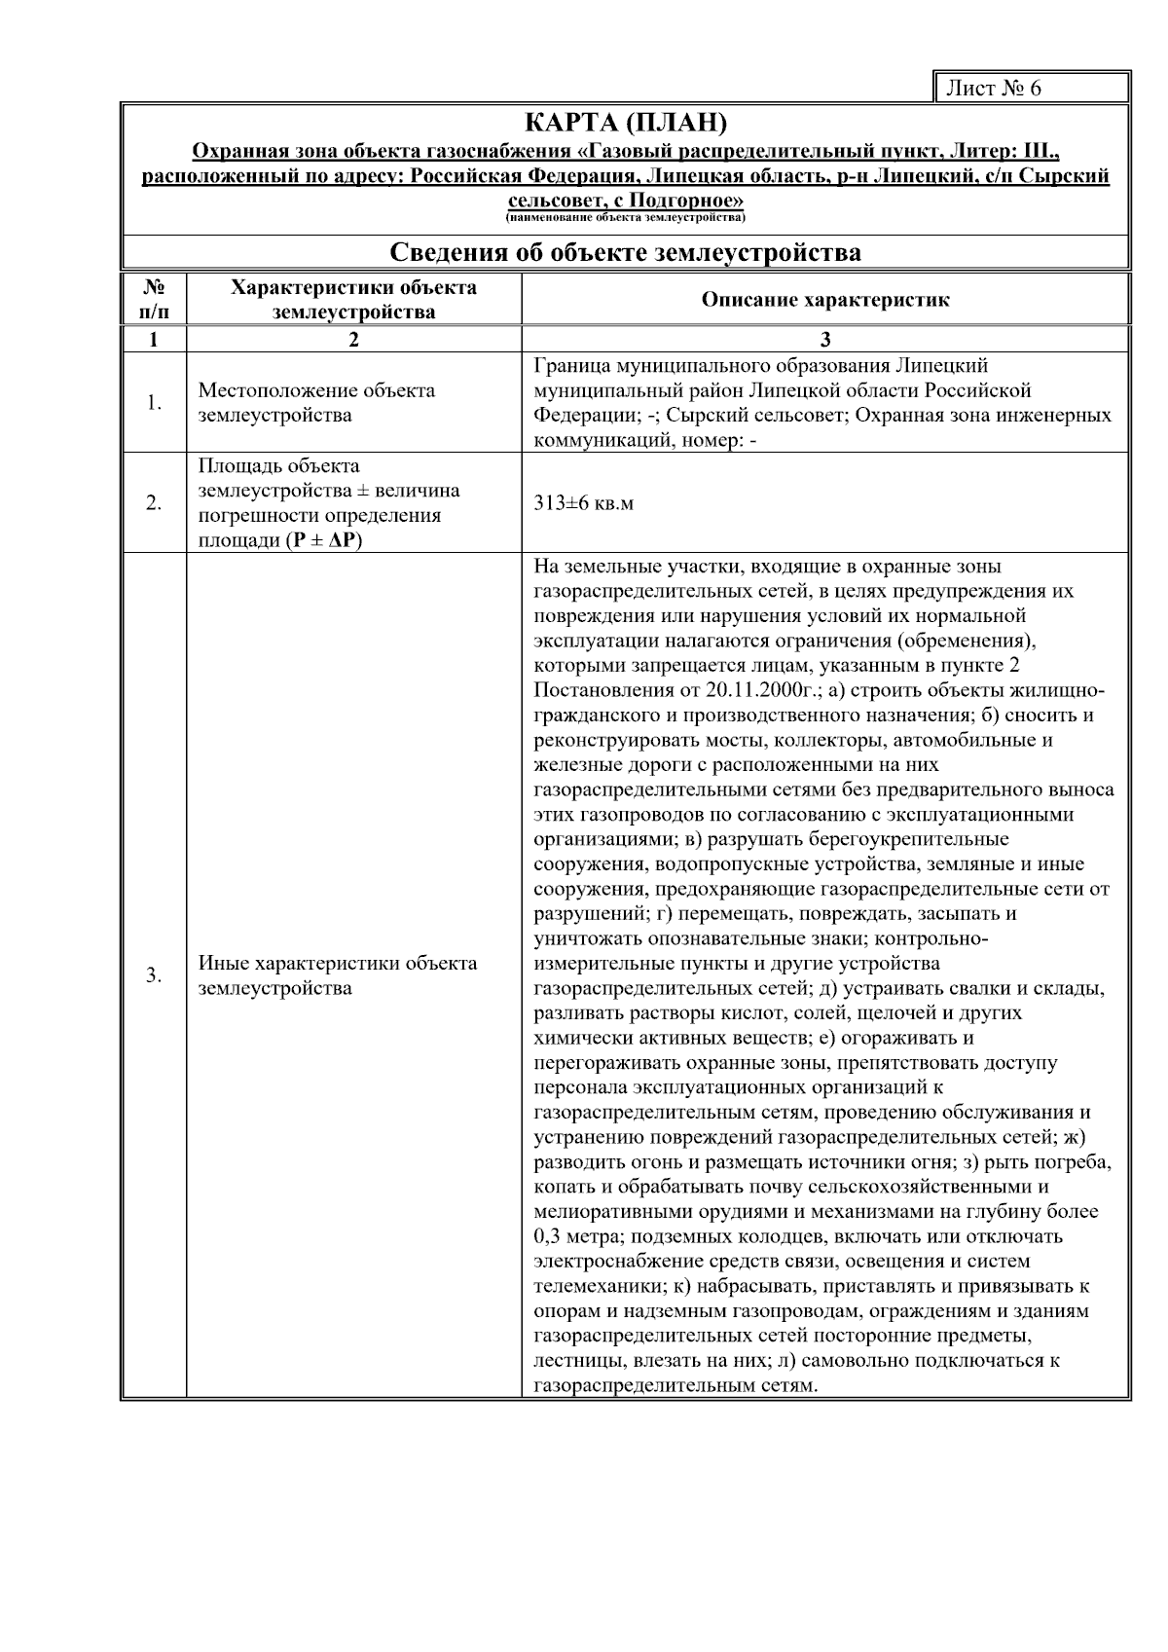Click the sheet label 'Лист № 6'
[x=994, y=89]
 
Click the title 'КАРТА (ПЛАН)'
[x=625, y=124]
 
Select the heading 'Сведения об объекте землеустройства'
[x=625, y=253]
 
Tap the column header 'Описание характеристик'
[x=824, y=300]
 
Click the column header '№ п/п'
[x=153, y=300]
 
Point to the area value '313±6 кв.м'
[x=583, y=504]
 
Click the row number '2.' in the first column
[x=153, y=504]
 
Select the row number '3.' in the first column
[x=153, y=975]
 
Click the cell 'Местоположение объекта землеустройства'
[x=316, y=403]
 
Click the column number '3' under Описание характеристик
[x=824, y=340]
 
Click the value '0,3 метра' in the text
[x=574, y=1237]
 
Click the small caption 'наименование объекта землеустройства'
[x=625, y=217]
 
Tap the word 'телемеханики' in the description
[x=594, y=1287]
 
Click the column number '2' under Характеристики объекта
[x=353, y=340]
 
